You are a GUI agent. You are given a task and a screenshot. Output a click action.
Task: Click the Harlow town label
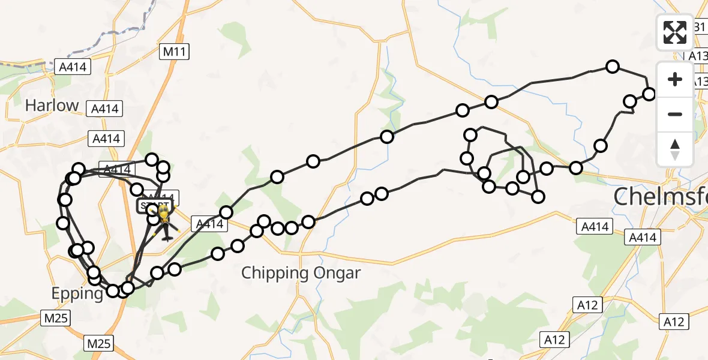coord(52,106)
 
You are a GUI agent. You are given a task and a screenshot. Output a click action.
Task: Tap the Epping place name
coord(77,293)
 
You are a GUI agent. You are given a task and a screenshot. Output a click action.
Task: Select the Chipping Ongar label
coord(301,273)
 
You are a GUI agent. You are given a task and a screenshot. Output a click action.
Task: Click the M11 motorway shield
coord(175,52)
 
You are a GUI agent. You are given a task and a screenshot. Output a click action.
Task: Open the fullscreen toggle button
coord(675,32)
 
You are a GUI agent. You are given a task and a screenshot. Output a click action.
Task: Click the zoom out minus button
coord(675,114)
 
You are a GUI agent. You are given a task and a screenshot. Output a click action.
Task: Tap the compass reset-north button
coord(675,149)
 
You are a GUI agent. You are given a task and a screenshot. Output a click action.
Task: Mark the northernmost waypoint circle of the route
coord(613,67)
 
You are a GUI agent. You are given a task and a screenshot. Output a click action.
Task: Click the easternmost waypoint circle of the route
coord(649,94)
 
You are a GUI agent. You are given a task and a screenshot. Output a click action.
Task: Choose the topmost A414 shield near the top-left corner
coord(71,67)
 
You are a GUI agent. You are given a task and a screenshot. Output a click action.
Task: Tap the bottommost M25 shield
coord(98,343)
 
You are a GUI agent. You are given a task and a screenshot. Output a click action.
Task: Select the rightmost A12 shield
coord(673,322)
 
